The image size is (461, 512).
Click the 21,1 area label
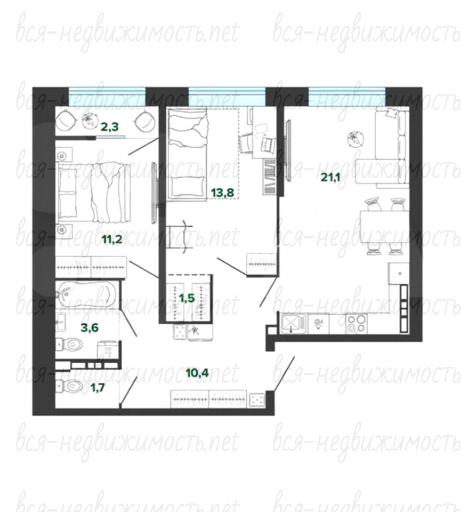pyautogui.click(x=330, y=177)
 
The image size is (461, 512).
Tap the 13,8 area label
pyautogui.click(x=223, y=193)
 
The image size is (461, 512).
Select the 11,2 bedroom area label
pyautogui.click(x=112, y=239)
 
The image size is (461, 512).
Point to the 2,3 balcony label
pyautogui.click(x=110, y=127)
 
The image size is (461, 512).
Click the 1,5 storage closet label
pyautogui.click(x=187, y=298)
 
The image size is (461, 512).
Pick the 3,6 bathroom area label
pyautogui.click(x=90, y=327)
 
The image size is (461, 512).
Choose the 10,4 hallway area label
pyautogui.click(x=197, y=373)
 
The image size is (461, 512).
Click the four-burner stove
pyautogui.click(x=356, y=323)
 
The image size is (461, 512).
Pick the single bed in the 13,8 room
pyautogui.click(x=187, y=154)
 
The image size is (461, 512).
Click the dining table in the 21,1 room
pyautogui.click(x=385, y=227)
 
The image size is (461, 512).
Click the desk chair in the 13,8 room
pyautogui.click(x=268, y=144)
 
